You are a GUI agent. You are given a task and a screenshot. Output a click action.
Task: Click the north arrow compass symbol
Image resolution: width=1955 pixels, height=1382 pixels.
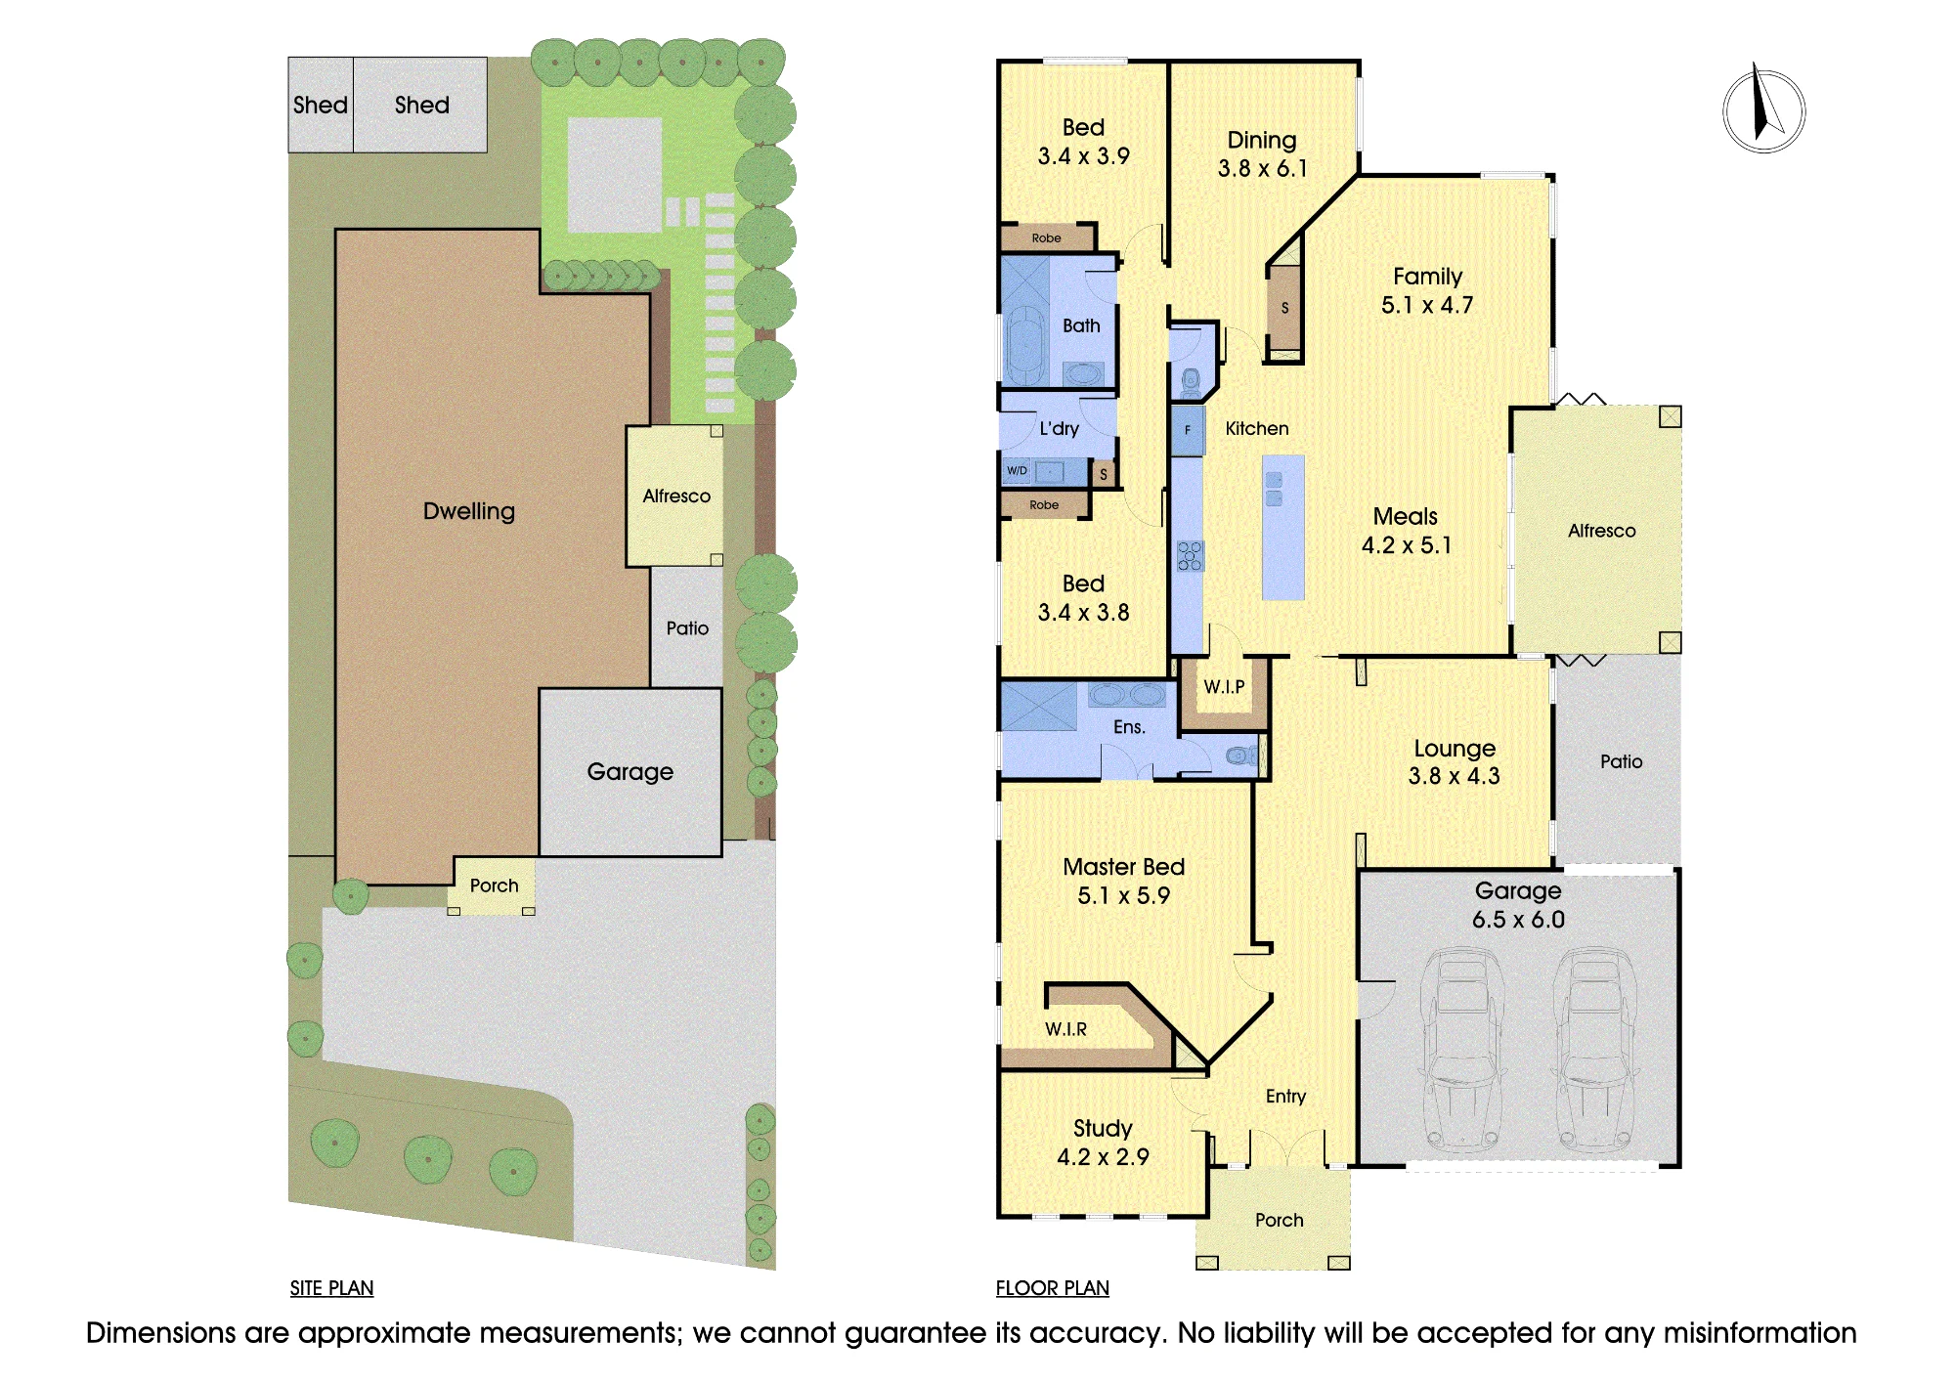coord(1763,110)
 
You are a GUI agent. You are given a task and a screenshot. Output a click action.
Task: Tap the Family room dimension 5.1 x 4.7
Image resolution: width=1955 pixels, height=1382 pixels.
coord(1427,305)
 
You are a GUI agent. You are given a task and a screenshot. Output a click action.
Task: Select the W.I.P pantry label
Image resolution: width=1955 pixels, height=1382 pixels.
coord(1224,687)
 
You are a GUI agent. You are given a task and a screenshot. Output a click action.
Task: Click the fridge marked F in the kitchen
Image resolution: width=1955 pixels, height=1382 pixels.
coord(1188,430)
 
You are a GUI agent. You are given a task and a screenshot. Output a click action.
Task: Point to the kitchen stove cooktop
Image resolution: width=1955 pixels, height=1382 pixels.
coord(1190,556)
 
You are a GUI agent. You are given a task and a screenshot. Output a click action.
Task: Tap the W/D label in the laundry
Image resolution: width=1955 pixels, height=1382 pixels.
coord(1018,471)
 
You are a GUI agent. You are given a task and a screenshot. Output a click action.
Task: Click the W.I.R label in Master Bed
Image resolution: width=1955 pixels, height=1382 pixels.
coord(1065,1029)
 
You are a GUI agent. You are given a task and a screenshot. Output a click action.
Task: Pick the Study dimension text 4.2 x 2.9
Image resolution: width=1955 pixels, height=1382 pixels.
coord(1103,1157)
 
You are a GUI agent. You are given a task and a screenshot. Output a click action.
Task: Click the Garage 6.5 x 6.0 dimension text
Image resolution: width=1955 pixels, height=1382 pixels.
coord(1518,920)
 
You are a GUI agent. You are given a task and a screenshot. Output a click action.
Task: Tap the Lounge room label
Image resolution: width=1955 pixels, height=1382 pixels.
coord(1455,749)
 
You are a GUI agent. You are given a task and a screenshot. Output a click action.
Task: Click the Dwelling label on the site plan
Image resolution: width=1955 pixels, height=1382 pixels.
coord(469,511)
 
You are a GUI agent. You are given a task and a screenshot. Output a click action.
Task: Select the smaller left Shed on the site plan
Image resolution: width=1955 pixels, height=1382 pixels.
coord(321,105)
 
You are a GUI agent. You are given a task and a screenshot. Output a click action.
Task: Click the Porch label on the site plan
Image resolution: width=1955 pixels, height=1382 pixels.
coord(494,885)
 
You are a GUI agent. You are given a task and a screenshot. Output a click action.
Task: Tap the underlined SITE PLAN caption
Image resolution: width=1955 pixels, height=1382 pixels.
coord(331,1288)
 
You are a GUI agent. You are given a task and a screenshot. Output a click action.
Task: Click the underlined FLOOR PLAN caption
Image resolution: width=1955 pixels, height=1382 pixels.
coord(1052,1288)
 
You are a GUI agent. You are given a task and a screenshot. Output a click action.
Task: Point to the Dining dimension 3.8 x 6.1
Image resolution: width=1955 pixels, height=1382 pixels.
coord(1262,169)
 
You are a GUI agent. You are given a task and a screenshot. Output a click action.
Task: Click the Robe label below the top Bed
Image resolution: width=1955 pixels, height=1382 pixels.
coord(1046,238)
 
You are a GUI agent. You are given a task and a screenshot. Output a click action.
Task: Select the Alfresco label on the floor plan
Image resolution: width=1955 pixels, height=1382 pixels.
coord(1601,531)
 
